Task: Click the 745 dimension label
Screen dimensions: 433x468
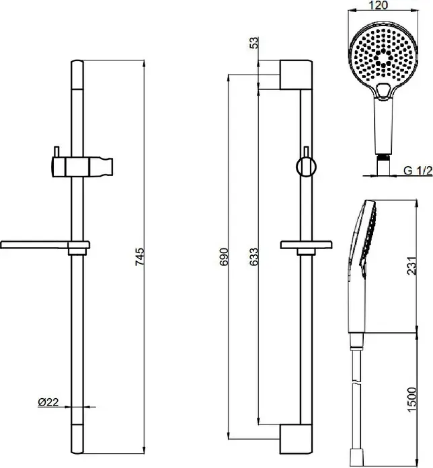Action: point(140,256)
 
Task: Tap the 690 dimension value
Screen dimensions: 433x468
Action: point(223,256)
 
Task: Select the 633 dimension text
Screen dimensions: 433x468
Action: point(253,256)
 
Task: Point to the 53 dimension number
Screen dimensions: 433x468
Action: point(253,43)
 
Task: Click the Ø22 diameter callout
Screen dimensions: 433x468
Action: point(48,402)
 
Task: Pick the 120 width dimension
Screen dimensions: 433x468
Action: point(379,5)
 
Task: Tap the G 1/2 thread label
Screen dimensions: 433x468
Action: point(418,171)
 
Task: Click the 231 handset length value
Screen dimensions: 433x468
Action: point(411,266)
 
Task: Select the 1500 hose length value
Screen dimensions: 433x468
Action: point(411,400)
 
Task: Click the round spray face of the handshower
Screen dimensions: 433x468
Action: point(383,56)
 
